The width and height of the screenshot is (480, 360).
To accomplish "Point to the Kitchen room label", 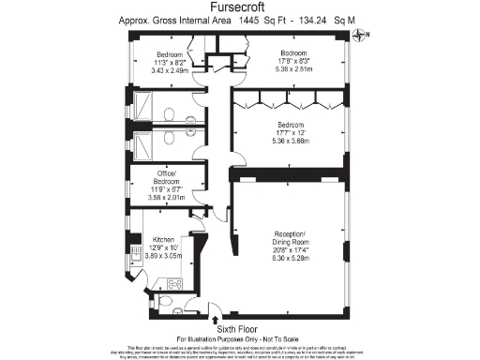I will click(x=163, y=239).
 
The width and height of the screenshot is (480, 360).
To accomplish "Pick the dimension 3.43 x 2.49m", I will click(x=170, y=69).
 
